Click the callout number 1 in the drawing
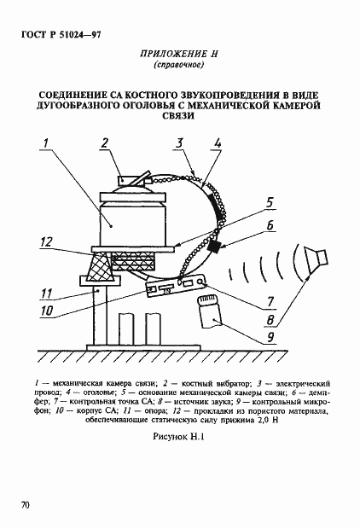49,143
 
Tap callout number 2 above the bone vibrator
103,143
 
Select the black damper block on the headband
214,247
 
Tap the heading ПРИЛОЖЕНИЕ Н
179,54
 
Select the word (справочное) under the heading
179,66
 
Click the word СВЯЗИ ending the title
179,120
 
